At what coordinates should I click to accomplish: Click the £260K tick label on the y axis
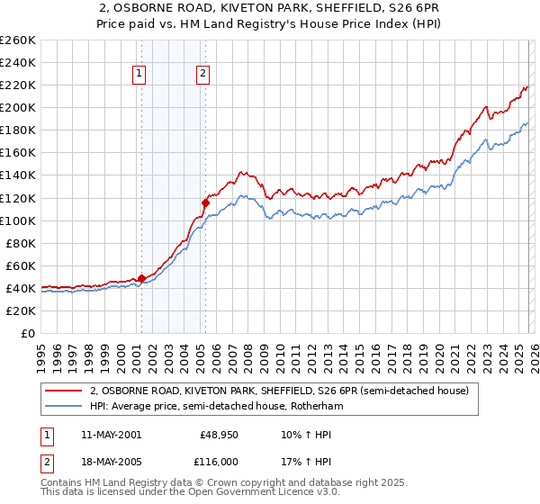(18, 40)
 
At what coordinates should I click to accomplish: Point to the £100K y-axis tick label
(18, 220)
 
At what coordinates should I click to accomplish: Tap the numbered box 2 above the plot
(204, 75)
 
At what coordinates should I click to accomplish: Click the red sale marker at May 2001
(141, 278)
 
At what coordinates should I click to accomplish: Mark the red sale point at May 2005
(205, 202)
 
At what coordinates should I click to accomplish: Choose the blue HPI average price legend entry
(216, 407)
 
